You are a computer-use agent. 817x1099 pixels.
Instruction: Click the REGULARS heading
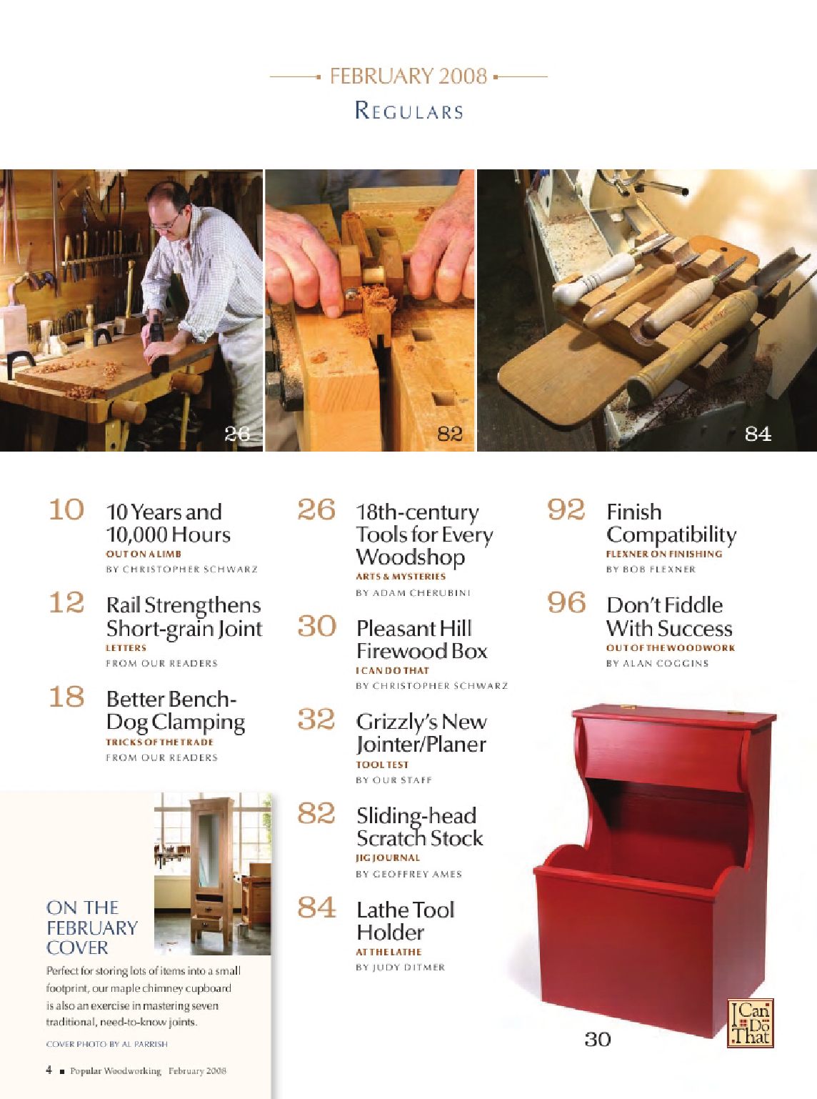[x=409, y=111]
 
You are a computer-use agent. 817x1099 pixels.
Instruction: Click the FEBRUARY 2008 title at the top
[x=408, y=76]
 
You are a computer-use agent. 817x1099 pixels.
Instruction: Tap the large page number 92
[x=566, y=509]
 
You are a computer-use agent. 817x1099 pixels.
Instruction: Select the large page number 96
[x=566, y=602]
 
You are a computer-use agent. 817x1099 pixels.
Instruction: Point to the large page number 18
[x=67, y=697]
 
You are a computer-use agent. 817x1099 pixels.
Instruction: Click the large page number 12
[x=67, y=602]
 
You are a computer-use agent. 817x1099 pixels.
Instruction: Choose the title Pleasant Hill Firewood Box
[x=422, y=640]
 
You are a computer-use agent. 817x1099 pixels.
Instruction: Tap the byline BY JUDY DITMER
[x=400, y=968]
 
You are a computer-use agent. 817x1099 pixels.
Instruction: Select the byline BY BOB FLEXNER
[x=651, y=570]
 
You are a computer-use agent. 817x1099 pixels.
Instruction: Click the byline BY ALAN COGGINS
[x=658, y=663]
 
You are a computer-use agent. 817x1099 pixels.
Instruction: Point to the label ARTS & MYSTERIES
[x=401, y=577]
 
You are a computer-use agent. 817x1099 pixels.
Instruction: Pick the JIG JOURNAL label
[x=388, y=857]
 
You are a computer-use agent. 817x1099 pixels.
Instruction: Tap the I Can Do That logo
[x=750, y=1023]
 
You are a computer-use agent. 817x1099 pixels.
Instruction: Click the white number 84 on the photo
[x=758, y=434]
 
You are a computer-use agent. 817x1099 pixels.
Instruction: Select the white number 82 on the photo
[x=450, y=434]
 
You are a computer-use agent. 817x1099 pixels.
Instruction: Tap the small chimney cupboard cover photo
[x=212, y=873]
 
